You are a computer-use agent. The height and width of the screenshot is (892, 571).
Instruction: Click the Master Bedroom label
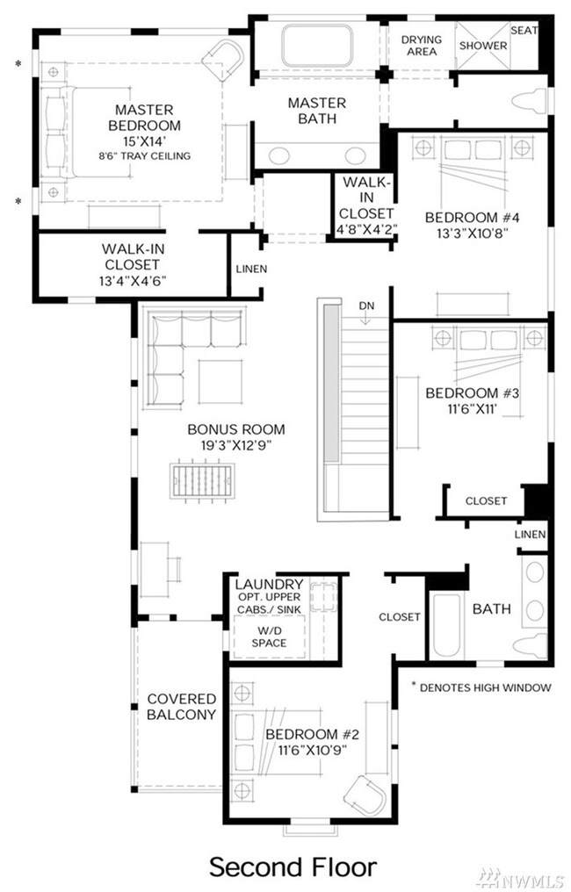coord(144,117)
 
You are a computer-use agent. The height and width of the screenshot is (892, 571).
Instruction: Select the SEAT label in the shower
coord(524,31)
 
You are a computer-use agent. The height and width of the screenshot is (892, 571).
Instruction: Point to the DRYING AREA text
coord(422,46)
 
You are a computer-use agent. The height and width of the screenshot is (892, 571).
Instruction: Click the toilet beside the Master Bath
coord(530,101)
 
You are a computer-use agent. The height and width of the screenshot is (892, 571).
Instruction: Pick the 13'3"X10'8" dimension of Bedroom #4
coord(472,234)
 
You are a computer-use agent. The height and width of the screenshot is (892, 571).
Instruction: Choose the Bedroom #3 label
coord(472,393)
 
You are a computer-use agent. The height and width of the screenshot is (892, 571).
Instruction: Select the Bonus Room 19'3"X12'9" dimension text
coord(235,445)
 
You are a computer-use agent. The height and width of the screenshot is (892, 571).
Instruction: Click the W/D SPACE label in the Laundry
coord(269,637)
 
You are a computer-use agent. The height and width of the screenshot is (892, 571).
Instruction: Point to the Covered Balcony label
coord(182,707)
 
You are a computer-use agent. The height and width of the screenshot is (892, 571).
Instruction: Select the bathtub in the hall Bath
coord(445,624)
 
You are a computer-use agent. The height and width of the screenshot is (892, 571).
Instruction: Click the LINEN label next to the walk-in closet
coord(251,269)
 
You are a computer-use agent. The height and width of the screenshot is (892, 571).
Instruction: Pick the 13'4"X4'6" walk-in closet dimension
coord(132,280)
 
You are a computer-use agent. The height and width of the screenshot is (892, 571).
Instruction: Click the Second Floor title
coord(293,867)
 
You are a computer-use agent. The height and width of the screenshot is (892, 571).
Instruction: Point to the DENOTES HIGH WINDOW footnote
coord(481,687)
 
